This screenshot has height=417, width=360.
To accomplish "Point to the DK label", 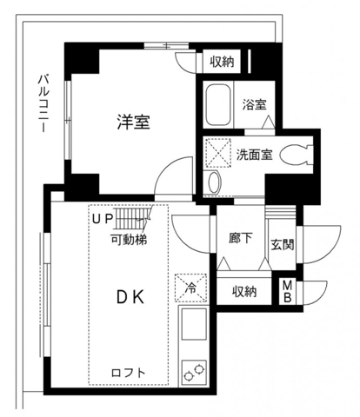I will point(131,297).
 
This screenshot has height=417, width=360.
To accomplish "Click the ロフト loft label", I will point(128,373).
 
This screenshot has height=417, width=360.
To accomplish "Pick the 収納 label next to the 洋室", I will point(221,62).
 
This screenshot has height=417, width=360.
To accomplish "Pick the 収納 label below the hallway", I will point(244,292).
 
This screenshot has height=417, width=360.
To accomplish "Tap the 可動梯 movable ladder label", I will point(127,238).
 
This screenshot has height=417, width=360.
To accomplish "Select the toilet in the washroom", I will point(299,156).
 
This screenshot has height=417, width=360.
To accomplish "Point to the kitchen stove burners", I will point(192,374).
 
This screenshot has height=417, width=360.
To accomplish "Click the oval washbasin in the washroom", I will point(217,182).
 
